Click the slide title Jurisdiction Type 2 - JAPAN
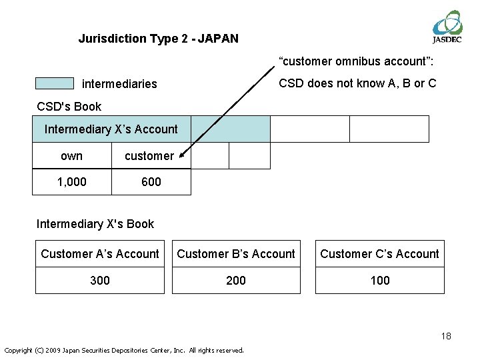(158, 39)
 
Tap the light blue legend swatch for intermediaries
(55, 83)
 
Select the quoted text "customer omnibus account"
(357, 62)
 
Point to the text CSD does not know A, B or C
(357, 83)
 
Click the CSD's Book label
(69, 107)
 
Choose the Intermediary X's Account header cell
(111, 129)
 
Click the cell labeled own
(71, 156)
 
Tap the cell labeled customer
(149, 156)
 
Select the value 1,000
(71, 181)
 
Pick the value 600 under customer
(151, 181)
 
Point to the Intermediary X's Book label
(95, 224)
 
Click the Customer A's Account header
(100, 254)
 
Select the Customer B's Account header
(236, 254)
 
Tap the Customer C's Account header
(379, 254)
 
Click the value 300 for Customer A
(100, 281)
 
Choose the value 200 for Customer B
(236, 281)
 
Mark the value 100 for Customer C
(380, 281)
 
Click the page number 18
(446, 336)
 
